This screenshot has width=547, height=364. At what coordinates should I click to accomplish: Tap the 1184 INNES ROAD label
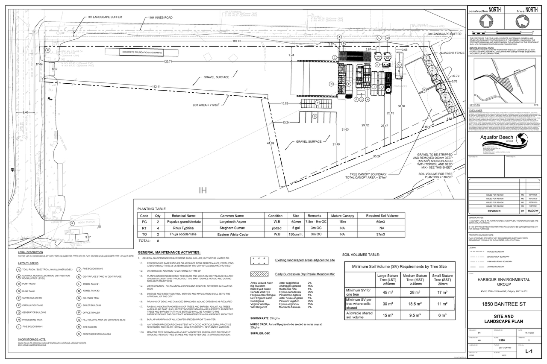pyautogui.click(x=160, y=18)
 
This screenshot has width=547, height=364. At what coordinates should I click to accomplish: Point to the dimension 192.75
pyautogui.click(x=237, y=41)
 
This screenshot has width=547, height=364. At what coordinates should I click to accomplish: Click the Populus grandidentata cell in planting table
pyautogui.click(x=183, y=222)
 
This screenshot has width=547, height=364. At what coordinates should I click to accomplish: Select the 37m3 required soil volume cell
pyautogui.click(x=381, y=234)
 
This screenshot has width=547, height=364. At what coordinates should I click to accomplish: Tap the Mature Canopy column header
pyautogui.click(x=342, y=216)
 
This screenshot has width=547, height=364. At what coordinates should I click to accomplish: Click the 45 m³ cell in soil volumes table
pyautogui.click(x=388, y=293)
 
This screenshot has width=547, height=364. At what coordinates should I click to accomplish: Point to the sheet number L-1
pyautogui.click(x=528, y=351)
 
